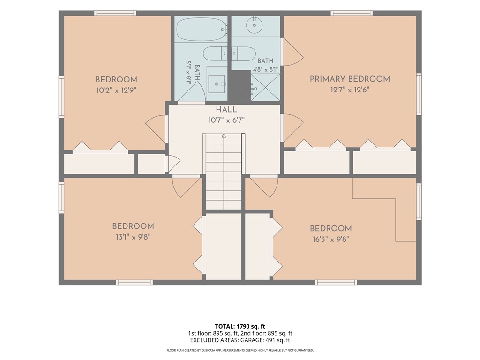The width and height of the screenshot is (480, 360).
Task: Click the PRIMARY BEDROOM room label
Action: (x=350, y=79)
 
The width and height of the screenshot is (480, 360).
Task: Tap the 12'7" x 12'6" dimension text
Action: (x=350, y=90)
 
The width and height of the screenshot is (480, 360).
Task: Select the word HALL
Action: (x=226, y=110)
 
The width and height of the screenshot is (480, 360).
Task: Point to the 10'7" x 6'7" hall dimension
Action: (x=226, y=120)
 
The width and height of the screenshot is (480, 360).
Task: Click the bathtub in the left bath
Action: (x=202, y=30)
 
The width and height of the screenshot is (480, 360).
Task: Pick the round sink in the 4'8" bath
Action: (x=255, y=25)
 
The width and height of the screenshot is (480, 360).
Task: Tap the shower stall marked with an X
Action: (x=265, y=87)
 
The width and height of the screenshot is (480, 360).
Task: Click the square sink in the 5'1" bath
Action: (x=217, y=84)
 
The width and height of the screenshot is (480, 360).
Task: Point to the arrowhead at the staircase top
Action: (x=224, y=135)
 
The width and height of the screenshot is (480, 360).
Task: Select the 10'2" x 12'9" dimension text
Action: (x=116, y=90)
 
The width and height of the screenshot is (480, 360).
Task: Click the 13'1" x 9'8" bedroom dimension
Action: (x=133, y=237)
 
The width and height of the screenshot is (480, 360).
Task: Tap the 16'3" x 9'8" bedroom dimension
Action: (x=331, y=239)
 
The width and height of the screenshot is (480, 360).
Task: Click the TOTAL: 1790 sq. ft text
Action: (x=240, y=326)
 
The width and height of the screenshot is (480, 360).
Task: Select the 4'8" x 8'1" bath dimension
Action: (x=265, y=70)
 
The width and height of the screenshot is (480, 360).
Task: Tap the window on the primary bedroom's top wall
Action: (x=352, y=13)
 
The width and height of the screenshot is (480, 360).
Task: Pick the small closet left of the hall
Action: (x=151, y=164)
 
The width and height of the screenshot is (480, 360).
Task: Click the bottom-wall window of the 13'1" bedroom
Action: (x=135, y=283)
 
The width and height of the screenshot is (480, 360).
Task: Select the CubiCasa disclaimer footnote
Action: (x=240, y=350)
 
